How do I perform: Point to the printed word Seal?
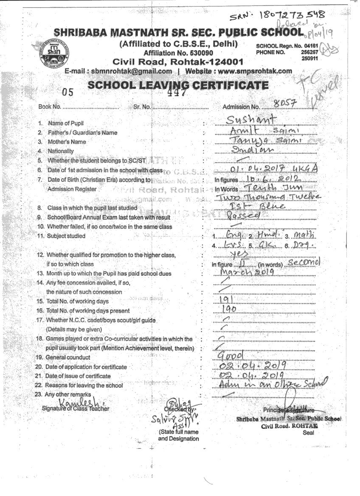click(x=309, y=433)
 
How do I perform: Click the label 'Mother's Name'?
click(x=67, y=142)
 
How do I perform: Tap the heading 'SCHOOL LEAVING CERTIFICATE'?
click(x=178, y=85)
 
